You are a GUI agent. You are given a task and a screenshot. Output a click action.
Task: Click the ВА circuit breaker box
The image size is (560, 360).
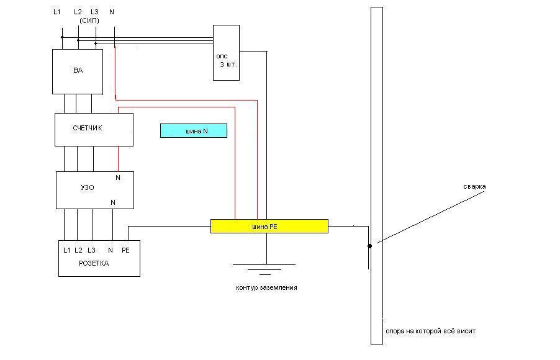tap(77, 71)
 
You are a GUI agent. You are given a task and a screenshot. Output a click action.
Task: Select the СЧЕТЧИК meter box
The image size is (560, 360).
tap(94, 129)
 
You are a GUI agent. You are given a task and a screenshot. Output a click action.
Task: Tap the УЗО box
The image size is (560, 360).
tap(94, 190)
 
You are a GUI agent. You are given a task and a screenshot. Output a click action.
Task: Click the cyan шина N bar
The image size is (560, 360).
tap(194, 130)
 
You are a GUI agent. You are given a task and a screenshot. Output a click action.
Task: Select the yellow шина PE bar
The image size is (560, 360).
tap(269, 226)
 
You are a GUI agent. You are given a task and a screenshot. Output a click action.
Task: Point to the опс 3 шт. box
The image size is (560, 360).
tap(226, 53)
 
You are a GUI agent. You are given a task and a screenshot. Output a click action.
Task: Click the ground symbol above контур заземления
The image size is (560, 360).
tap(265, 269)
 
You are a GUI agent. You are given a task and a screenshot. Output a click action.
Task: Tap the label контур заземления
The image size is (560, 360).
tap(266, 287)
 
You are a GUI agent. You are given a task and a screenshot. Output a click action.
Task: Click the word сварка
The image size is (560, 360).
tap(474, 186)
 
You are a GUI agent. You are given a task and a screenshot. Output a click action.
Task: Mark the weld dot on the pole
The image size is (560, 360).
tap(369, 246)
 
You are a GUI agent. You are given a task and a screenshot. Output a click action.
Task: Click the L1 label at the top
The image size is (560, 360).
tap(57, 12)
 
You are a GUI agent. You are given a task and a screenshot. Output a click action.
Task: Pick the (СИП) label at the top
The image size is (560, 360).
tap(89, 20)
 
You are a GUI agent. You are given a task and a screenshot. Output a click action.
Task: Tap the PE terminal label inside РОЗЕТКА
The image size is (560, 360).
tap(125, 250)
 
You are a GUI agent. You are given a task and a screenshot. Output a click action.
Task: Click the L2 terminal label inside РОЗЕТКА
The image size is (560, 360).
tap(78, 250)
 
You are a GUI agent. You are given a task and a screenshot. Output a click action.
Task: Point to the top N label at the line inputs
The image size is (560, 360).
tap(111, 12)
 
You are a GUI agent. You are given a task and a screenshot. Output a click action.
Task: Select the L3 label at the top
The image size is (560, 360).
tap(94, 12)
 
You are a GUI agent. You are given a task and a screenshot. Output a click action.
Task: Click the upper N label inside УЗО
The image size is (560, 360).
tap(117, 178)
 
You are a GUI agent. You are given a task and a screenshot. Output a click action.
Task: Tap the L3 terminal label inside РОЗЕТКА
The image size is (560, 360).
tap(91, 250)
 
